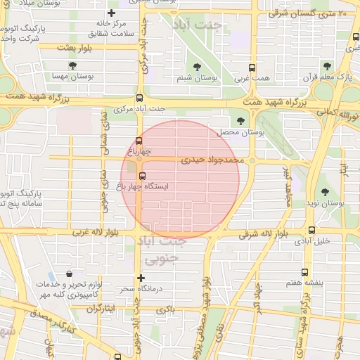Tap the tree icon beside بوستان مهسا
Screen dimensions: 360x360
point(73,66)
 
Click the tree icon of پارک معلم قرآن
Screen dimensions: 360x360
point(326,66)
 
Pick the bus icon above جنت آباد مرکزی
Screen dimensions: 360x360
point(139,98)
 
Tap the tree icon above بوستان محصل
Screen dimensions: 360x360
point(242,121)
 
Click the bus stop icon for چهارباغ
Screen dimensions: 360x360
point(139,141)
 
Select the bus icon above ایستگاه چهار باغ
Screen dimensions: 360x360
point(143,176)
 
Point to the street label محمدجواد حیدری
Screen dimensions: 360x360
point(212,160)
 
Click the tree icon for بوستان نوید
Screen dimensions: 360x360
point(324,192)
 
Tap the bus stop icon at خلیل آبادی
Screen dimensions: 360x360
point(311,229)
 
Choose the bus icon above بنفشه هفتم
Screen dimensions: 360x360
point(304,271)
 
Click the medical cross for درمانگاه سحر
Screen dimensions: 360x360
point(141,278)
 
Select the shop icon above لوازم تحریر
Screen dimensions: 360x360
point(69,274)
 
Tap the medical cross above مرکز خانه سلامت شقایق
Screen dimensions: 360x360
point(111,13)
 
